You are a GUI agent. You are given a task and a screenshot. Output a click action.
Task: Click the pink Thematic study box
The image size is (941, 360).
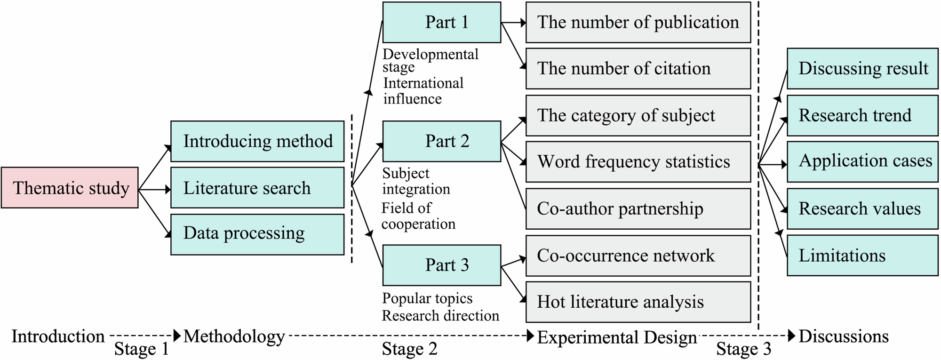(70, 187)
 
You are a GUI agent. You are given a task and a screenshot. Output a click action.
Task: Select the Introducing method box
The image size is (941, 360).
(257, 141)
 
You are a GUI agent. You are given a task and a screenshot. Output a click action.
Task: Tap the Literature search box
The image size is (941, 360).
(257, 188)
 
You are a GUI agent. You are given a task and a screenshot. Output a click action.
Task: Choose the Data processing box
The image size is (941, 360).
(257, 234)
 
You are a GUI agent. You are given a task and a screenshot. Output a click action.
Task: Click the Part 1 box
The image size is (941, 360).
(442, 22)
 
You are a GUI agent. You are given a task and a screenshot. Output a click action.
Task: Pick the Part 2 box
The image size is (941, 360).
(442, 141)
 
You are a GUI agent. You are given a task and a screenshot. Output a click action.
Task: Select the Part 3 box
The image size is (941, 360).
(442, 265)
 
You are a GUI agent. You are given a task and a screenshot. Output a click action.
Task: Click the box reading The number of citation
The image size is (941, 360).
(638, 68)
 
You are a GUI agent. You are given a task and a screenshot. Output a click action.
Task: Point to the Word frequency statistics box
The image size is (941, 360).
(638, 161)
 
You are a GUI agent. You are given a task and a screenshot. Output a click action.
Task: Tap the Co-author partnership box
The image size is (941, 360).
(638, 208)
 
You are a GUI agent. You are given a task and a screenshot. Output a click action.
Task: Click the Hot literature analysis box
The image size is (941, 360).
(638, 302)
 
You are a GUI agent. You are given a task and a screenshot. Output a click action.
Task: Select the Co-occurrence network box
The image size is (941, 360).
(638, 256)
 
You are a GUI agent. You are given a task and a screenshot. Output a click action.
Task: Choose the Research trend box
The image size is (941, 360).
(862, 115)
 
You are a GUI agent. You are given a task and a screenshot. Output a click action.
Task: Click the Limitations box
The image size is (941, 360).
(862, 256)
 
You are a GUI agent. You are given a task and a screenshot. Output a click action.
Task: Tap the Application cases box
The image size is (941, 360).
(862, 161)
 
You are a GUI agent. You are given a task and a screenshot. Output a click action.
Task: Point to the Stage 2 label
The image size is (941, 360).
(409, 349)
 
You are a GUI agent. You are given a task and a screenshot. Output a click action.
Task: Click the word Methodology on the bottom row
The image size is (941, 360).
(234, 336)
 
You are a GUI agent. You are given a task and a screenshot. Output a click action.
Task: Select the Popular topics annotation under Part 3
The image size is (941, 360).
(427, 298)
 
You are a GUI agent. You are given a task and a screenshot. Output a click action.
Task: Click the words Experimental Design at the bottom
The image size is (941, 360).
(616, 337)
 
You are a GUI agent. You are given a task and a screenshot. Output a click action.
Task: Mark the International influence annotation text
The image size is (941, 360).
(423, 91)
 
